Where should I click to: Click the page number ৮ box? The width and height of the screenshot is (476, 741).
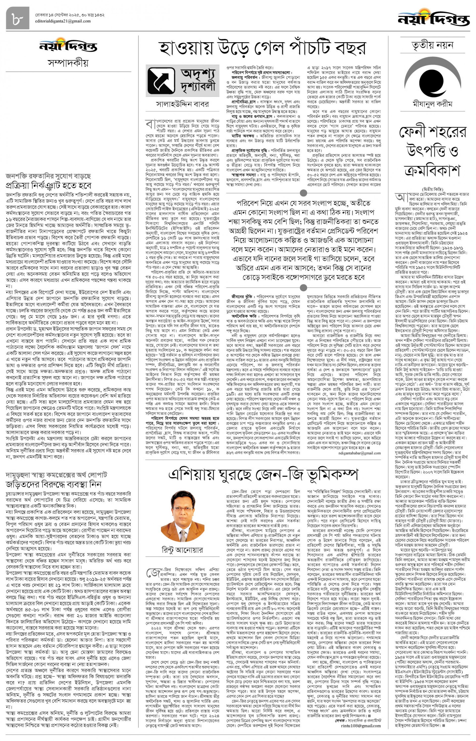[x=17, y=18]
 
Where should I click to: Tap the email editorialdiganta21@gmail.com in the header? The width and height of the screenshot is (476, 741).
[x=63, y=21]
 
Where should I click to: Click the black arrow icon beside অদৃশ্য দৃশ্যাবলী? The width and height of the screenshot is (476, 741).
[x=161, y=81]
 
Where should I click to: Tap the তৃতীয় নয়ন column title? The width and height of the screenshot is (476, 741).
[x=432, y=45]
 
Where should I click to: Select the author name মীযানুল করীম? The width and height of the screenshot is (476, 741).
[x=432, y=104]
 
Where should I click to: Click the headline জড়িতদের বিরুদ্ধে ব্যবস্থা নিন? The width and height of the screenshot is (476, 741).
[x=54, y=484]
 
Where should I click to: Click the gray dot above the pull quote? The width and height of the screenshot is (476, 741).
[x=304, y=193]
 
